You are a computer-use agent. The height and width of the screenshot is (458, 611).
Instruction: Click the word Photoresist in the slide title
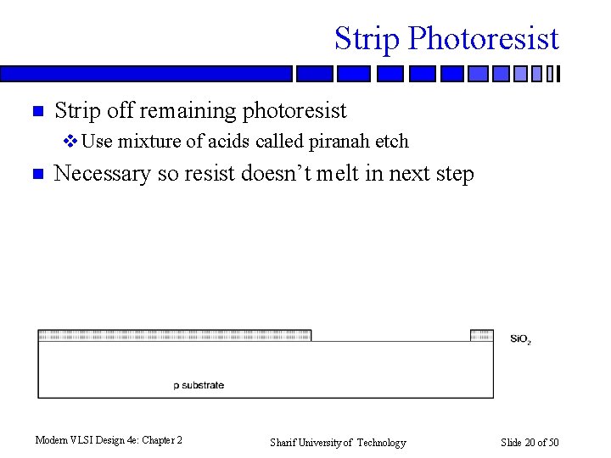[x=483, y=39]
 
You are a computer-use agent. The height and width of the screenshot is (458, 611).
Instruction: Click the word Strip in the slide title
[x=367, y=39]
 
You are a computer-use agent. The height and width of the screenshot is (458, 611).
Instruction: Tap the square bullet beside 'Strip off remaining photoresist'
[x=36, y=111]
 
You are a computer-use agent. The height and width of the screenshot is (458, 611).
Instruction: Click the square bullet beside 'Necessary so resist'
[x=36, y=175]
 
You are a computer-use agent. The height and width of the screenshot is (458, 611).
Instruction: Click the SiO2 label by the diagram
[x=520, y=339]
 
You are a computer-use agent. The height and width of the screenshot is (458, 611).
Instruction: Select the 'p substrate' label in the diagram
[x=199, y=385]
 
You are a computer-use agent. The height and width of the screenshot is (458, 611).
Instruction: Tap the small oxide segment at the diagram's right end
[x=481, y=335]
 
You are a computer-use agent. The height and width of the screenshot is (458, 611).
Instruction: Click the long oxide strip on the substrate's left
[x=174, y=335]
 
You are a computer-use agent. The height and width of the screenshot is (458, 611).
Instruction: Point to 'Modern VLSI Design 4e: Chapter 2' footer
[x=109, y=440]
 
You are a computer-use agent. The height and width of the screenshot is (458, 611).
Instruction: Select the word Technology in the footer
[x=381, y=442]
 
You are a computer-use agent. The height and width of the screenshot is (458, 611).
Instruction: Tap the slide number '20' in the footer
[x=530, y=442]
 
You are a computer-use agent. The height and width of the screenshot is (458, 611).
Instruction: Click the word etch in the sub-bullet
[x=393, y=141]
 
